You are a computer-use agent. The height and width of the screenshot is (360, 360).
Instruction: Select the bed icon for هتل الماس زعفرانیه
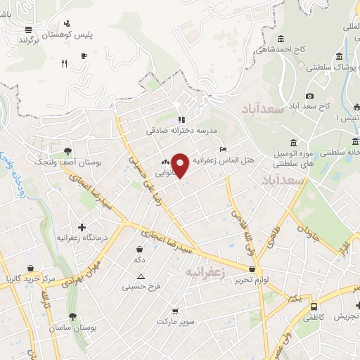(x=223, y=149)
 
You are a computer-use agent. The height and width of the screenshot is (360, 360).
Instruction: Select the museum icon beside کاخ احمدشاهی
(x=281, y=38)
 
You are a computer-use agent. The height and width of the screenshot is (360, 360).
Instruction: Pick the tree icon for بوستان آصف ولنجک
(x=67, y=151)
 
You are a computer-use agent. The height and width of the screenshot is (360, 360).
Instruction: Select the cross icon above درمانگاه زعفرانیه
(x=83, y=228)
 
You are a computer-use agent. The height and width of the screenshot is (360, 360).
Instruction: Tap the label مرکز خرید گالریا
(x=28, y=279)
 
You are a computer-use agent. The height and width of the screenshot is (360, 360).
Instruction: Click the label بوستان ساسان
(x=71, y=328)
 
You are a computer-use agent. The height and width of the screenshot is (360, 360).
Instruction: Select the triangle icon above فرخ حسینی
(x=141, y=276)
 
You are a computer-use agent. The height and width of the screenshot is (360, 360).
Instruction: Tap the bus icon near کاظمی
(x=314, y=307)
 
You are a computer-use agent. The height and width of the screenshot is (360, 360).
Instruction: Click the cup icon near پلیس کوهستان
(x=84, y=56)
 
